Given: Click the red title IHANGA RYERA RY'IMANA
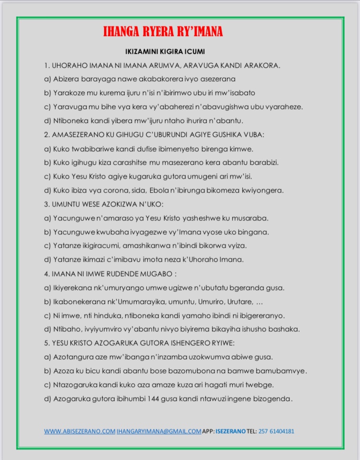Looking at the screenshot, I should tap(163, 32).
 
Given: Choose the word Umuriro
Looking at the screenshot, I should tap(201, 302).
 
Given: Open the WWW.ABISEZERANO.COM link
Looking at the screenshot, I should tap(80, 431).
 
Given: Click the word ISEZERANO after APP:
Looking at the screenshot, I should tap(231, 431).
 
